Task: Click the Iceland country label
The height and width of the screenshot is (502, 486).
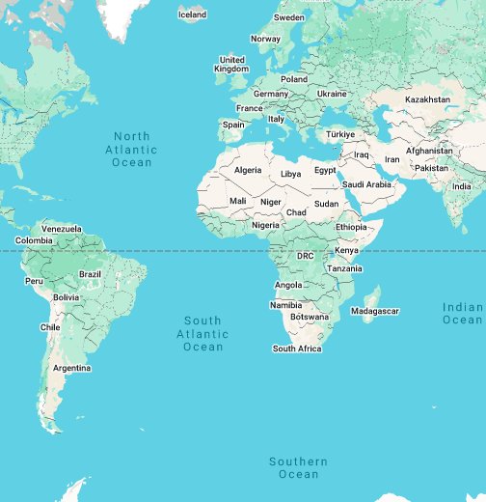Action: tap(192, 14)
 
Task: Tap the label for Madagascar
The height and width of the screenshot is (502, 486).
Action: tap(374, 311)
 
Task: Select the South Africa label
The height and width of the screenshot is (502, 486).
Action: tap(297, 349)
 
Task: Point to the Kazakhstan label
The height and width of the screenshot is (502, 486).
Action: tap(427, 99)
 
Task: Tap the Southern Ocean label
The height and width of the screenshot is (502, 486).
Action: tap(298, 467)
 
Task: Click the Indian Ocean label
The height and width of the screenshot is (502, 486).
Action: tap(462, 313)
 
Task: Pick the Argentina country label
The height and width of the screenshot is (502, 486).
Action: tap(72, 368)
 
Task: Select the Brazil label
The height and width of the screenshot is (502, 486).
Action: tap(90, 274)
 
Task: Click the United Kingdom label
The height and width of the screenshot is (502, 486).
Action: tap(231, 64)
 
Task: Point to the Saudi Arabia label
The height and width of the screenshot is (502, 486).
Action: tap(366, 184)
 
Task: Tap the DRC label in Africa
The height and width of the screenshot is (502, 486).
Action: tap(305, 256)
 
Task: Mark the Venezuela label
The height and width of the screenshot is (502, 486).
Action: tap(62, 228)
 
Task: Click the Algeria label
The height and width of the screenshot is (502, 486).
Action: tap(248, 170)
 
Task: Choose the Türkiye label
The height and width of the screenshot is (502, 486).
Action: tap(340, 134)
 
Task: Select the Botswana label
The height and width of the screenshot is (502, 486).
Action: tap(310, 317)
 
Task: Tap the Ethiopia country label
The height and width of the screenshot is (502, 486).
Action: tap(352, 226)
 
